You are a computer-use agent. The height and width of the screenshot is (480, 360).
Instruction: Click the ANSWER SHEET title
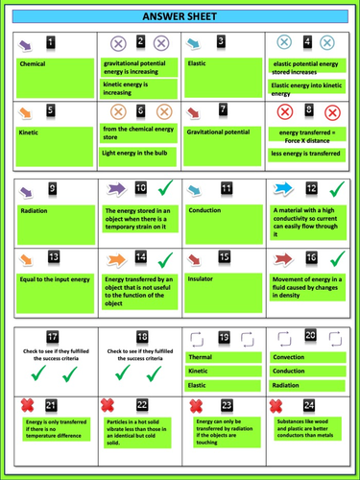180,17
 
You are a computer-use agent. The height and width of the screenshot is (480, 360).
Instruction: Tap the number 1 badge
51,42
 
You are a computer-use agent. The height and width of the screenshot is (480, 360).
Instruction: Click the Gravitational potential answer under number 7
223,132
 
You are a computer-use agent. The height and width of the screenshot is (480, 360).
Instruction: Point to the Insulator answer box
223,278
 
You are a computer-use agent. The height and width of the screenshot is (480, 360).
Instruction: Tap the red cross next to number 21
28,406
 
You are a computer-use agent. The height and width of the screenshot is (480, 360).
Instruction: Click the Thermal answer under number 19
223,357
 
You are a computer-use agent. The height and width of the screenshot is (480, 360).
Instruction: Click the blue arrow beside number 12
283,188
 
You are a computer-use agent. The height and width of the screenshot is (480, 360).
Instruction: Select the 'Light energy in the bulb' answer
139,153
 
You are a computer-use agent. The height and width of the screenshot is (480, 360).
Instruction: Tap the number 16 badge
311,258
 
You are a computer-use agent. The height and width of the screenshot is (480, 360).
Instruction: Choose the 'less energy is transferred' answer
306,153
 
